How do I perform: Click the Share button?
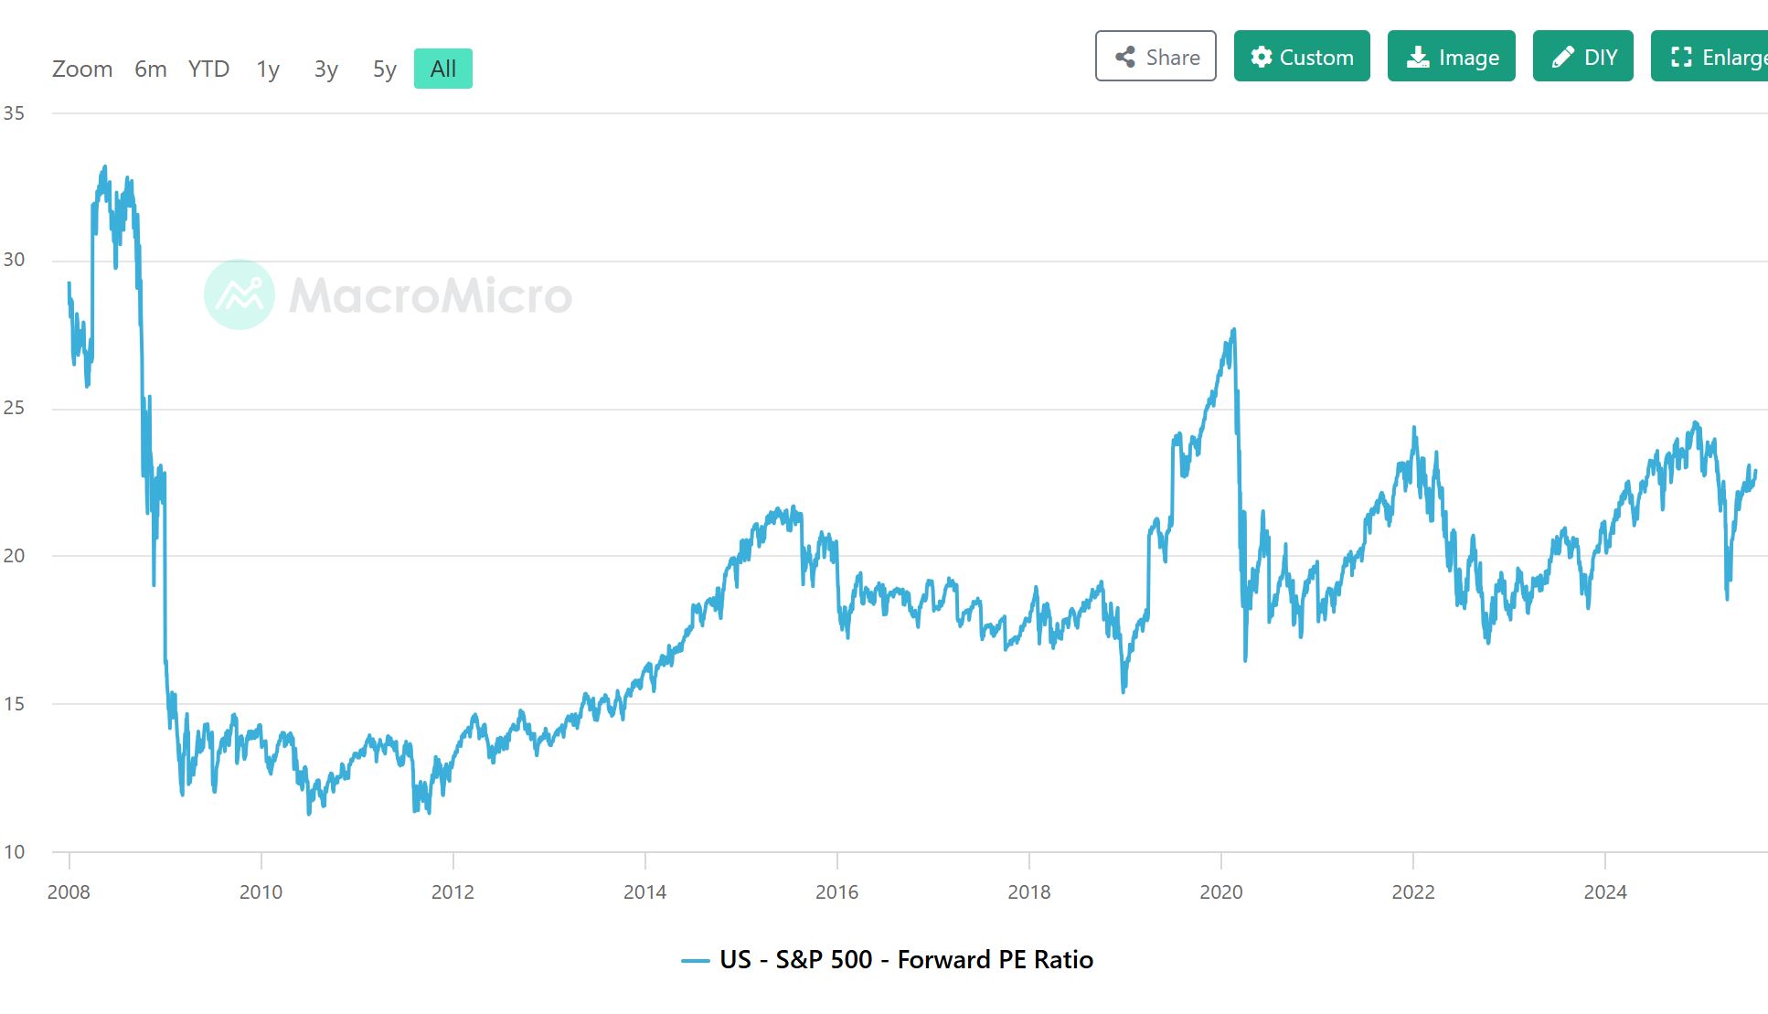(x=1156, y=57)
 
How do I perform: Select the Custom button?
(x=1302, y=57)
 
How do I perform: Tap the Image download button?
(x=1451, y=57)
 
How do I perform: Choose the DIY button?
(x=1582, y=57)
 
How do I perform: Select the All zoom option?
(x=443, y=69)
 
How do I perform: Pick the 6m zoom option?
(x=151, y=69)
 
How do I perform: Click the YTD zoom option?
(x=208, y=69)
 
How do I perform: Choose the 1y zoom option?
(x=268, y=69)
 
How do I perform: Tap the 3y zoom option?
(x=326, y=69)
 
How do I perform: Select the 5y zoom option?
(x=385, y=69)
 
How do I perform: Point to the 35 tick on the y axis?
(x=14, y=113)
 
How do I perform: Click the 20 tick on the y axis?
(x=14, y=556)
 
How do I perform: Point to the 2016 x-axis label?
(x=836, y=892)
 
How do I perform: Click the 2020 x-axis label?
(x=1221, y=892)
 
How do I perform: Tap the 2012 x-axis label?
(x=453, y=892)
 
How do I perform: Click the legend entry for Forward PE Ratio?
(x=906, y=960)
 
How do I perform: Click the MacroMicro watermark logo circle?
(x=239, y=294)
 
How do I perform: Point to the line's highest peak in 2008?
(x=105, y=166)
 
